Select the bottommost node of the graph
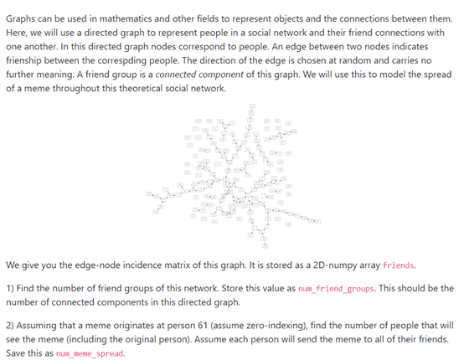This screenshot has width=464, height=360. point(266,246)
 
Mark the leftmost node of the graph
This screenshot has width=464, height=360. point(149,195)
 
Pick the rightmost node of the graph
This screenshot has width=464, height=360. point(318,221)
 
